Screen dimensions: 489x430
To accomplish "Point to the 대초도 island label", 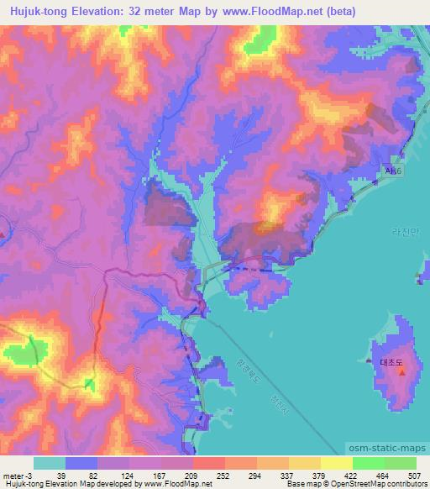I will click(392, 362).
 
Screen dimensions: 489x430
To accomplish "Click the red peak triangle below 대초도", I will click(401, 371).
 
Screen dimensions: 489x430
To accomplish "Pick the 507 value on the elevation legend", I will click(414, 476).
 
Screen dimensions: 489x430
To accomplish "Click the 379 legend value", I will click(318, 476).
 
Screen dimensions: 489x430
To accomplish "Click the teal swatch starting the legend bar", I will click(50, 463).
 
